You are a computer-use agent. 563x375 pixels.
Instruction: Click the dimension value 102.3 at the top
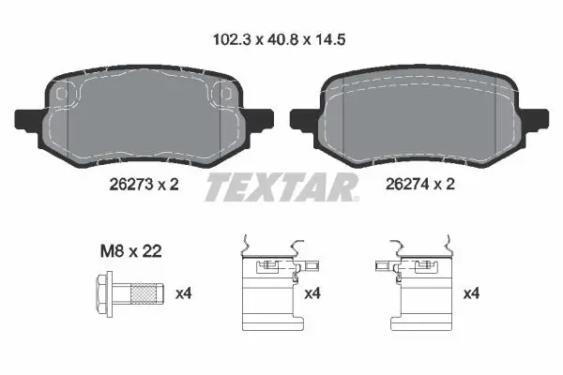[231, 39]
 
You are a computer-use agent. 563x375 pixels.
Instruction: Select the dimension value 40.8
[282, 39]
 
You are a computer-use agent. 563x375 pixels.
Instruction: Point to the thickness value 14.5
[330, 39]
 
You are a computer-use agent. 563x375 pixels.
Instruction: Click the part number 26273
[131, 185]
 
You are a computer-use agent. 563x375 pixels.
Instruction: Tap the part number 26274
[407, 184]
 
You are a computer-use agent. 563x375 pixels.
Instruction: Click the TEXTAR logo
[281, 187]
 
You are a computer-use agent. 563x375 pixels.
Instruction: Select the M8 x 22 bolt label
[131, 251]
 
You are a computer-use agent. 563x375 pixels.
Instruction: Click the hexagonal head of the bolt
[102, 293]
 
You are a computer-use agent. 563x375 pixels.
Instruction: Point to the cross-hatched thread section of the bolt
[144, 293]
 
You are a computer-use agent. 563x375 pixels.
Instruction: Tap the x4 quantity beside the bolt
[184, 293]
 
